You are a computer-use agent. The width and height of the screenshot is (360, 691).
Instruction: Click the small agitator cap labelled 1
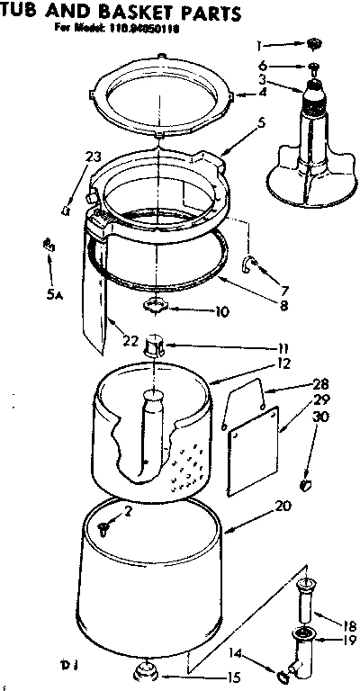point(316,44)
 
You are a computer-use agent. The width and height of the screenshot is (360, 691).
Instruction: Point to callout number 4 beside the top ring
point(263,91)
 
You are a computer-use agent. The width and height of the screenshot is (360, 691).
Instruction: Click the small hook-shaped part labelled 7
point(253,263)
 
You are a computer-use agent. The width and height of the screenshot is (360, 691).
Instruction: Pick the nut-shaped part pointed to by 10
point(159,307)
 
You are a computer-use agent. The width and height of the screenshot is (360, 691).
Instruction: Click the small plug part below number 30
point(308,486)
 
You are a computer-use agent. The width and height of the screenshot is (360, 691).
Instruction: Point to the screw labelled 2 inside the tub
point(105,528)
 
